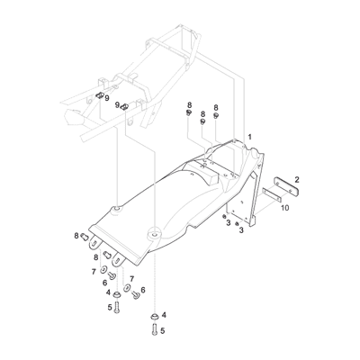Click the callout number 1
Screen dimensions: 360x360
click(249, 135)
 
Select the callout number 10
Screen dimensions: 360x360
click(284, 208)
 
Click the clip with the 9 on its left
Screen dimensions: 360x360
click(126, 106)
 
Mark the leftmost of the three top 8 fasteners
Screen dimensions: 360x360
click(189, 117)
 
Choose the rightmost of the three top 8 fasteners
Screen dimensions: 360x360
click(216, 119)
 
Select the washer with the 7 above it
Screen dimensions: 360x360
click(130, 290)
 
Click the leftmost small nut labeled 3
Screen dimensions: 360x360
click(224, 219)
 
